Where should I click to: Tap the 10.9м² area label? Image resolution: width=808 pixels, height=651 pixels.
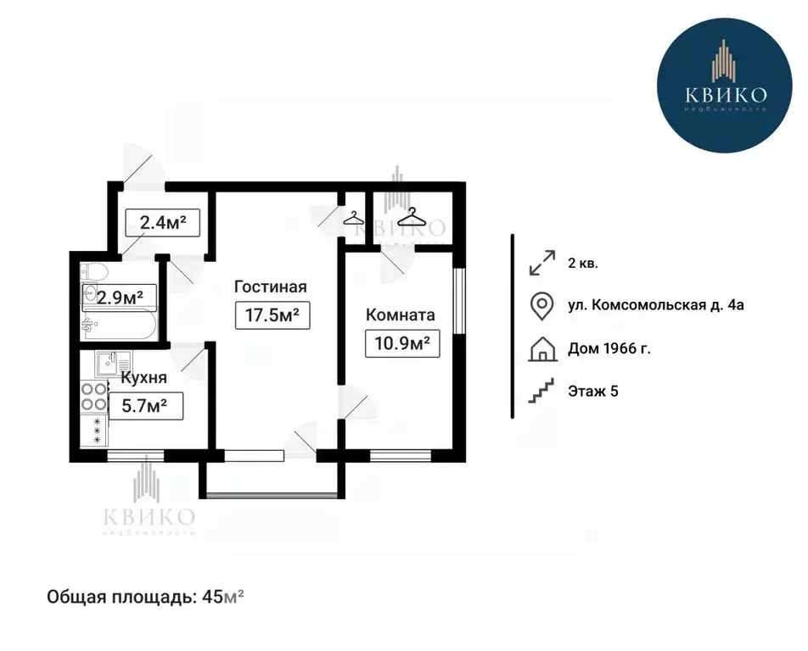pyautogui.click(x=402, y=344)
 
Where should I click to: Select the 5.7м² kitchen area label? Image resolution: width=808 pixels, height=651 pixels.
pyautogui.click(x=145, y=407)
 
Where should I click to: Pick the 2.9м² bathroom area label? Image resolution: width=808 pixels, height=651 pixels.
pyautogui.click(x=119, y=297)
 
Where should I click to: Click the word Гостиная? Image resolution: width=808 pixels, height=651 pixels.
pyautogui.click(x=271, y=287)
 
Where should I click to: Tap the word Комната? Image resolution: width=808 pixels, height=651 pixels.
pyautogui.click(x=400, y=315)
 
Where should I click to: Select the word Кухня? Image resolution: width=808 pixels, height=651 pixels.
pyautogui.click(x=143, y=378)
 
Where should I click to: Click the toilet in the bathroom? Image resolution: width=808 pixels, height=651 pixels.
pyautogui.click(x=91, y=273)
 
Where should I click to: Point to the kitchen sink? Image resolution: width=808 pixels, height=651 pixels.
pyautogui.click(x=108, y=363)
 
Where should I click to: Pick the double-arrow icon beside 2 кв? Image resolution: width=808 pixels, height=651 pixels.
pyautogui.click(x=540, y=263)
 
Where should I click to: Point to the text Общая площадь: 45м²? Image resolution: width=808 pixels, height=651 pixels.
pyautogui.click(x=145, y=597)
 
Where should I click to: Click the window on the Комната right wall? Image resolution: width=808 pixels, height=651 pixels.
pyautogui.click(x=459, y=302)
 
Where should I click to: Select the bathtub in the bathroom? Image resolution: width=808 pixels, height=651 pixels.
pyautogui.click(x=119, y=325)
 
